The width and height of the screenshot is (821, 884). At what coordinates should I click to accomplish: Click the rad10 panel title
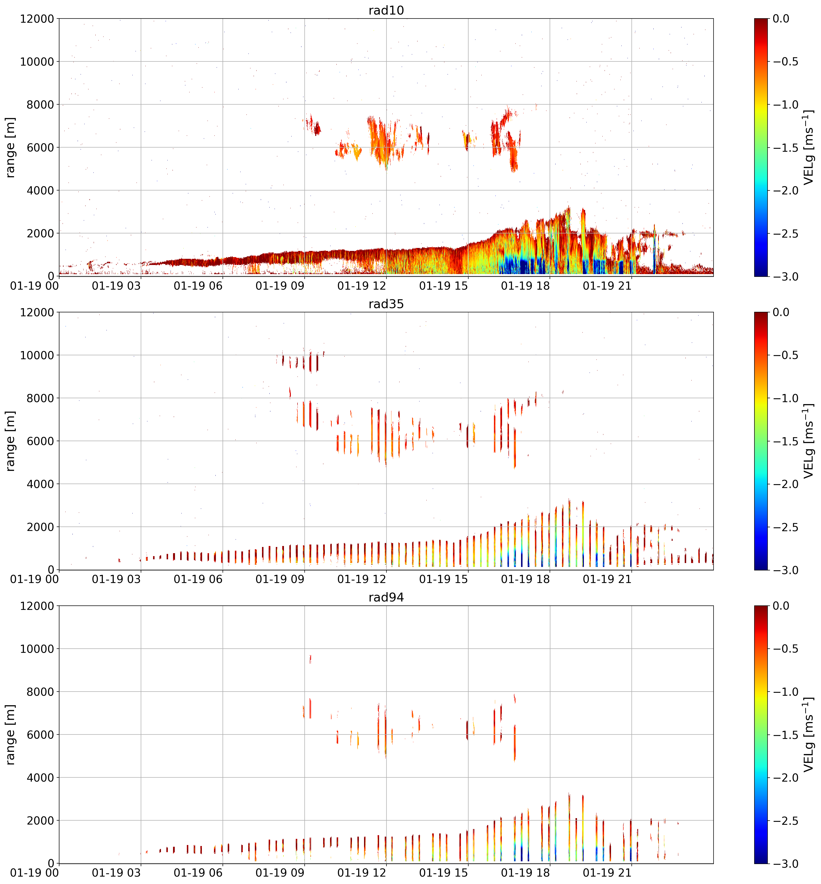(386, 10)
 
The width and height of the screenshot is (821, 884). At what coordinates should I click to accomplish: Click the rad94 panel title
(386, 597)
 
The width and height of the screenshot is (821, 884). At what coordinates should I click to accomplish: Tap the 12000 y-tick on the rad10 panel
(37, 19)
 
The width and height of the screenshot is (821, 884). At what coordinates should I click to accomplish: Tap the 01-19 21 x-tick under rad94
(607, 872)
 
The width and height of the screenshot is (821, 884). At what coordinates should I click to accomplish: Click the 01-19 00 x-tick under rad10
(34, 285)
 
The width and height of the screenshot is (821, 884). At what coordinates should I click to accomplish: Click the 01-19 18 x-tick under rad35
(525, 579)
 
